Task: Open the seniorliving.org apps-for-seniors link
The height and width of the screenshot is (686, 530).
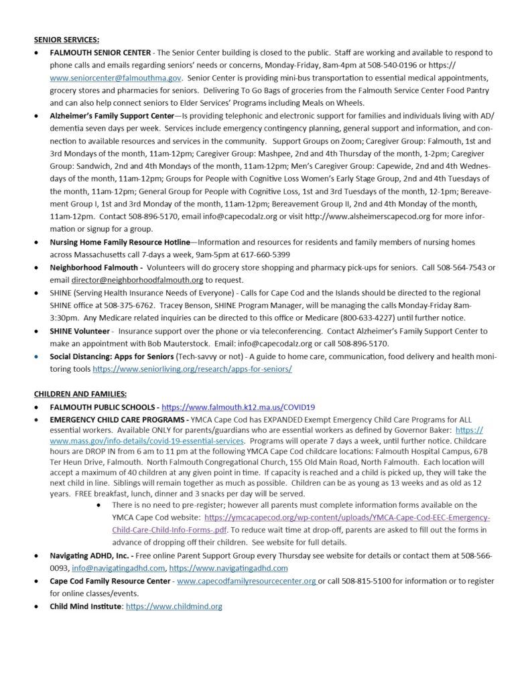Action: (192, 368)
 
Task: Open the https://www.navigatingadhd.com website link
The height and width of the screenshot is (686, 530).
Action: (233, 568)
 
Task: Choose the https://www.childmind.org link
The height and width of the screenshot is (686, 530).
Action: (174, 606)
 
